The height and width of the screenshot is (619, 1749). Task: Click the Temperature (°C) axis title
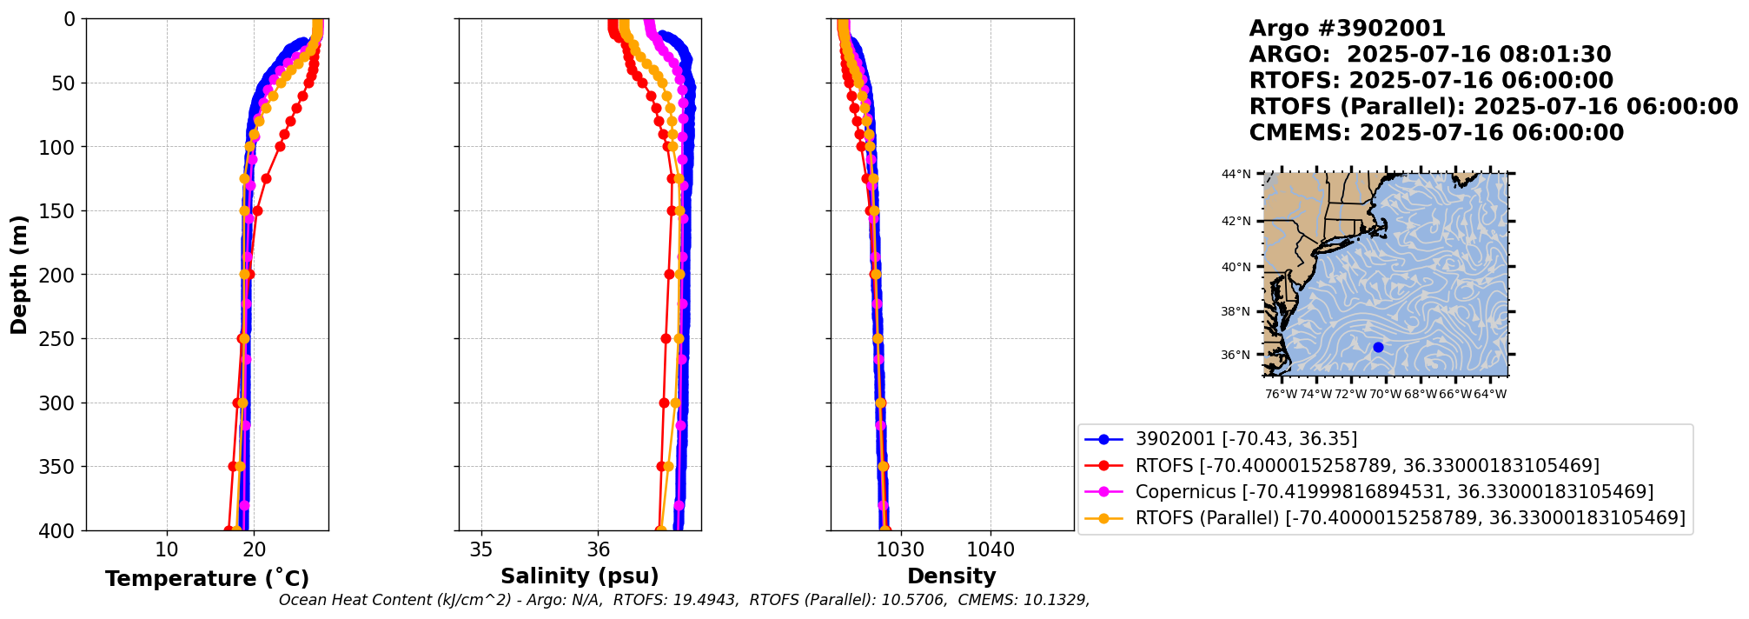207,579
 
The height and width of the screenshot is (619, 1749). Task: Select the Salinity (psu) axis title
580,576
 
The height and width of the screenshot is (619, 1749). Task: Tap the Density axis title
951,576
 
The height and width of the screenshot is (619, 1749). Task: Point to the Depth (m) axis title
19,275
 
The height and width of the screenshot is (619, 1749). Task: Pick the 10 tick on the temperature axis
167,549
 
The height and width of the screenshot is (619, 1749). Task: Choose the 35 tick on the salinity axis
480,549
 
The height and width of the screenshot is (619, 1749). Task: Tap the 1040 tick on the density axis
990,549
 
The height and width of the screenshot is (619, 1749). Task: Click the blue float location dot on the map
1378,347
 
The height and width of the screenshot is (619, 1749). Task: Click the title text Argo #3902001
1347,29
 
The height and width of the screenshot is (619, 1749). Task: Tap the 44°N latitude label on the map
1236,175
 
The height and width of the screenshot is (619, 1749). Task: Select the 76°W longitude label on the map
1282,395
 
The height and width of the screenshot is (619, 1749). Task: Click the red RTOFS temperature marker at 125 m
266,178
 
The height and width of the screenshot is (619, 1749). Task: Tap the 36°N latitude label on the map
1236,356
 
